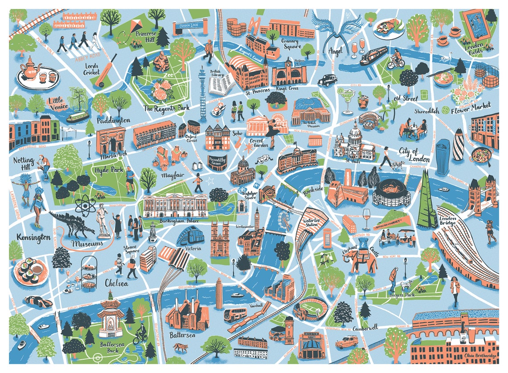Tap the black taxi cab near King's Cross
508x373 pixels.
pos(327,80)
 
